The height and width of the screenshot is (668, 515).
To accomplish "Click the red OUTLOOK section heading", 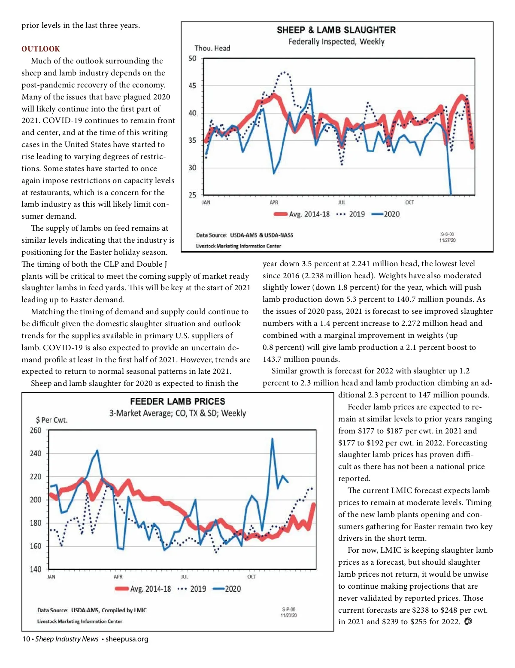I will point(41,49).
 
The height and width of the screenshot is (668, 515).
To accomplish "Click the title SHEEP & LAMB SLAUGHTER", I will point(336,30).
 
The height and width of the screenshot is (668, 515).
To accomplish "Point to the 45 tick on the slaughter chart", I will point(192,86).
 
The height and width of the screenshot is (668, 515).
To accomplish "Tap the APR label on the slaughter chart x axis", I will point(274,202).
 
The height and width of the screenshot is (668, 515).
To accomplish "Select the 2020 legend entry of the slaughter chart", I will point(386,214).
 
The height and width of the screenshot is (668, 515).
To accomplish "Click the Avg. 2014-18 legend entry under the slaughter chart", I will point(302,214).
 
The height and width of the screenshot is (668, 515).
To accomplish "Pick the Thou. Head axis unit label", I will point(212,48).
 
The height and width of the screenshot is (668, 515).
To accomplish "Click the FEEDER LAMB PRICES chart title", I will point(177,401).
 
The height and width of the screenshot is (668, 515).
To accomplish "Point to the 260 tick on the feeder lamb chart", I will point(36,430).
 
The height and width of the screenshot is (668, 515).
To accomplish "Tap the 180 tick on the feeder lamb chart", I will point(36,523).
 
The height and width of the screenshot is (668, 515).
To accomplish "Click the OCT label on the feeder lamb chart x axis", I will point(251,577).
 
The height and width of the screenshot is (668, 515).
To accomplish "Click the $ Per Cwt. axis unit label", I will point(51,420).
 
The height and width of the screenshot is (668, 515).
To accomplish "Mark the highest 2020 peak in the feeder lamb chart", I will point(272,439).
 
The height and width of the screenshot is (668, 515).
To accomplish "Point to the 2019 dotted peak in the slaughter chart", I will point(284,72).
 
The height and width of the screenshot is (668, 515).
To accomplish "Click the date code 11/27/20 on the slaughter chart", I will point(447,240).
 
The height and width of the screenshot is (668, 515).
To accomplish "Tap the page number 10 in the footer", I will point(26,639).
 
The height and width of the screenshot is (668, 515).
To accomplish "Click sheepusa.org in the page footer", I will point(127,639).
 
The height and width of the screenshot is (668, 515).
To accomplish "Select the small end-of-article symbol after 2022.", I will point(468,621).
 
